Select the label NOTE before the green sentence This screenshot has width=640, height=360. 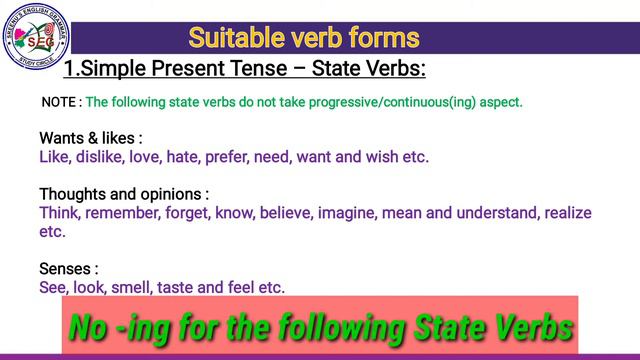point(59,103)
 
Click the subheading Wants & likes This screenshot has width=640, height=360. point(90,138)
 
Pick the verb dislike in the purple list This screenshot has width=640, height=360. point(104,157)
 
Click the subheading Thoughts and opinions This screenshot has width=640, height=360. point(124,194)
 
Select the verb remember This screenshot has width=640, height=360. point(127,213)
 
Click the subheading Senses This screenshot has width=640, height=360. point(68,269)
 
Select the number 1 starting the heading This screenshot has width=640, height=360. point(69,70)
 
